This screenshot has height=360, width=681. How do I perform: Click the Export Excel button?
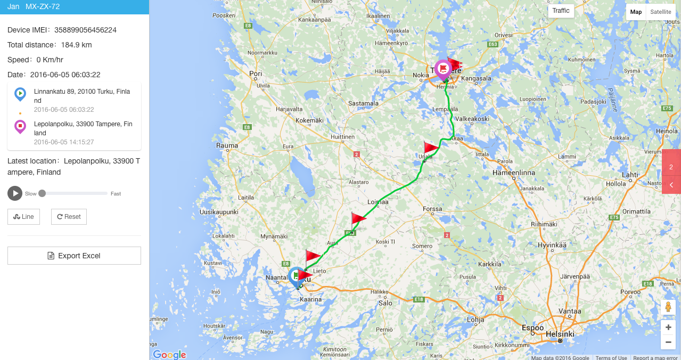tap(74, 256)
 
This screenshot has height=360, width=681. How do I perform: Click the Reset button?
tap(69, 217)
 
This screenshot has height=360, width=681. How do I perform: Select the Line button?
tap(23, 217)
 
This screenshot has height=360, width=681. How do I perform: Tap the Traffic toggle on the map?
tap(561, 11)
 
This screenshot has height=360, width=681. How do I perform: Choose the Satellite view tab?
tap(660, 12)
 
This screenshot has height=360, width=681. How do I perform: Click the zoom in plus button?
tap(668, 328)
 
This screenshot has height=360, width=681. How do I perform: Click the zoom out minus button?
tap(668, 342)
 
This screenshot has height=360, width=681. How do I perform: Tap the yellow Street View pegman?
tap(668, 308)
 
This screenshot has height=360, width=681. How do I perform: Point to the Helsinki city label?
tap(560, 334)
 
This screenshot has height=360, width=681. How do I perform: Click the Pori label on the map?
tap(256, 73)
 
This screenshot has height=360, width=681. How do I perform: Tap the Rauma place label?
tap(227, 145)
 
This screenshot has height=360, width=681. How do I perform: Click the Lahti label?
tap(630, 175)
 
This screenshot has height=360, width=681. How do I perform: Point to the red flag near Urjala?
tap(431, 148)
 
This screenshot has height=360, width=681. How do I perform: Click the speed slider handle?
tap(42, 193)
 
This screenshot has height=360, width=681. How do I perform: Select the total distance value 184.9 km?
tap(76, 45)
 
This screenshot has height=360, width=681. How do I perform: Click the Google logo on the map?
tap(169, 355)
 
